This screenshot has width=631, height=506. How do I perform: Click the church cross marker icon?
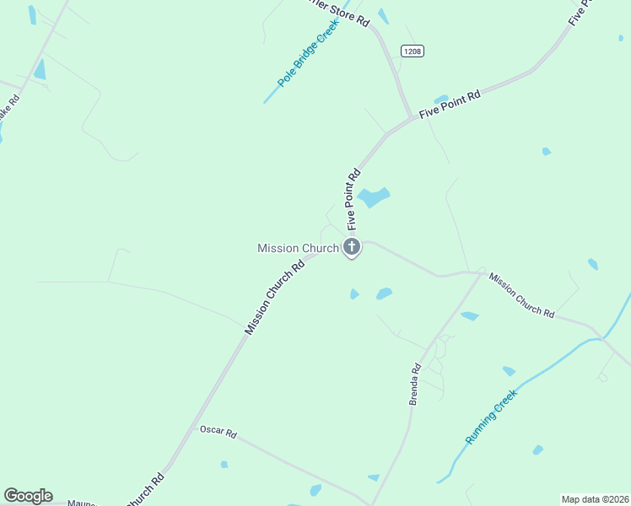352,247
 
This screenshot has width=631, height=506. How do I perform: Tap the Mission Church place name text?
298,248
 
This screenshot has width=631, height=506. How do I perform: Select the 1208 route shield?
412,51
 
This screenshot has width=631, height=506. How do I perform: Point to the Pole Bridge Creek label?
302,60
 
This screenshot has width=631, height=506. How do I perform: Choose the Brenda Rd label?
415,384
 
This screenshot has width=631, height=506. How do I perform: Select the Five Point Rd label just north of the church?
353,199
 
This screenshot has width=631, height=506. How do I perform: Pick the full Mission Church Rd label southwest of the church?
274,298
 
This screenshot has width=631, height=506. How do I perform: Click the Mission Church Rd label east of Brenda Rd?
521,294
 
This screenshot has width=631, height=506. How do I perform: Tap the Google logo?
28,496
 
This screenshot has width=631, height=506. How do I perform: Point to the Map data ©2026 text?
595,498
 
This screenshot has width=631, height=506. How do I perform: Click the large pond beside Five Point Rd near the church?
374,198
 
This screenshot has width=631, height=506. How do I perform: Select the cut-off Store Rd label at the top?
337,13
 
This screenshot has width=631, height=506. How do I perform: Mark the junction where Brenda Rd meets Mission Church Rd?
481,272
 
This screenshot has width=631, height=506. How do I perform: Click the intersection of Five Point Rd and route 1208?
411,116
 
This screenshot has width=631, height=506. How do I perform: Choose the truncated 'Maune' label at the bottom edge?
82,503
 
